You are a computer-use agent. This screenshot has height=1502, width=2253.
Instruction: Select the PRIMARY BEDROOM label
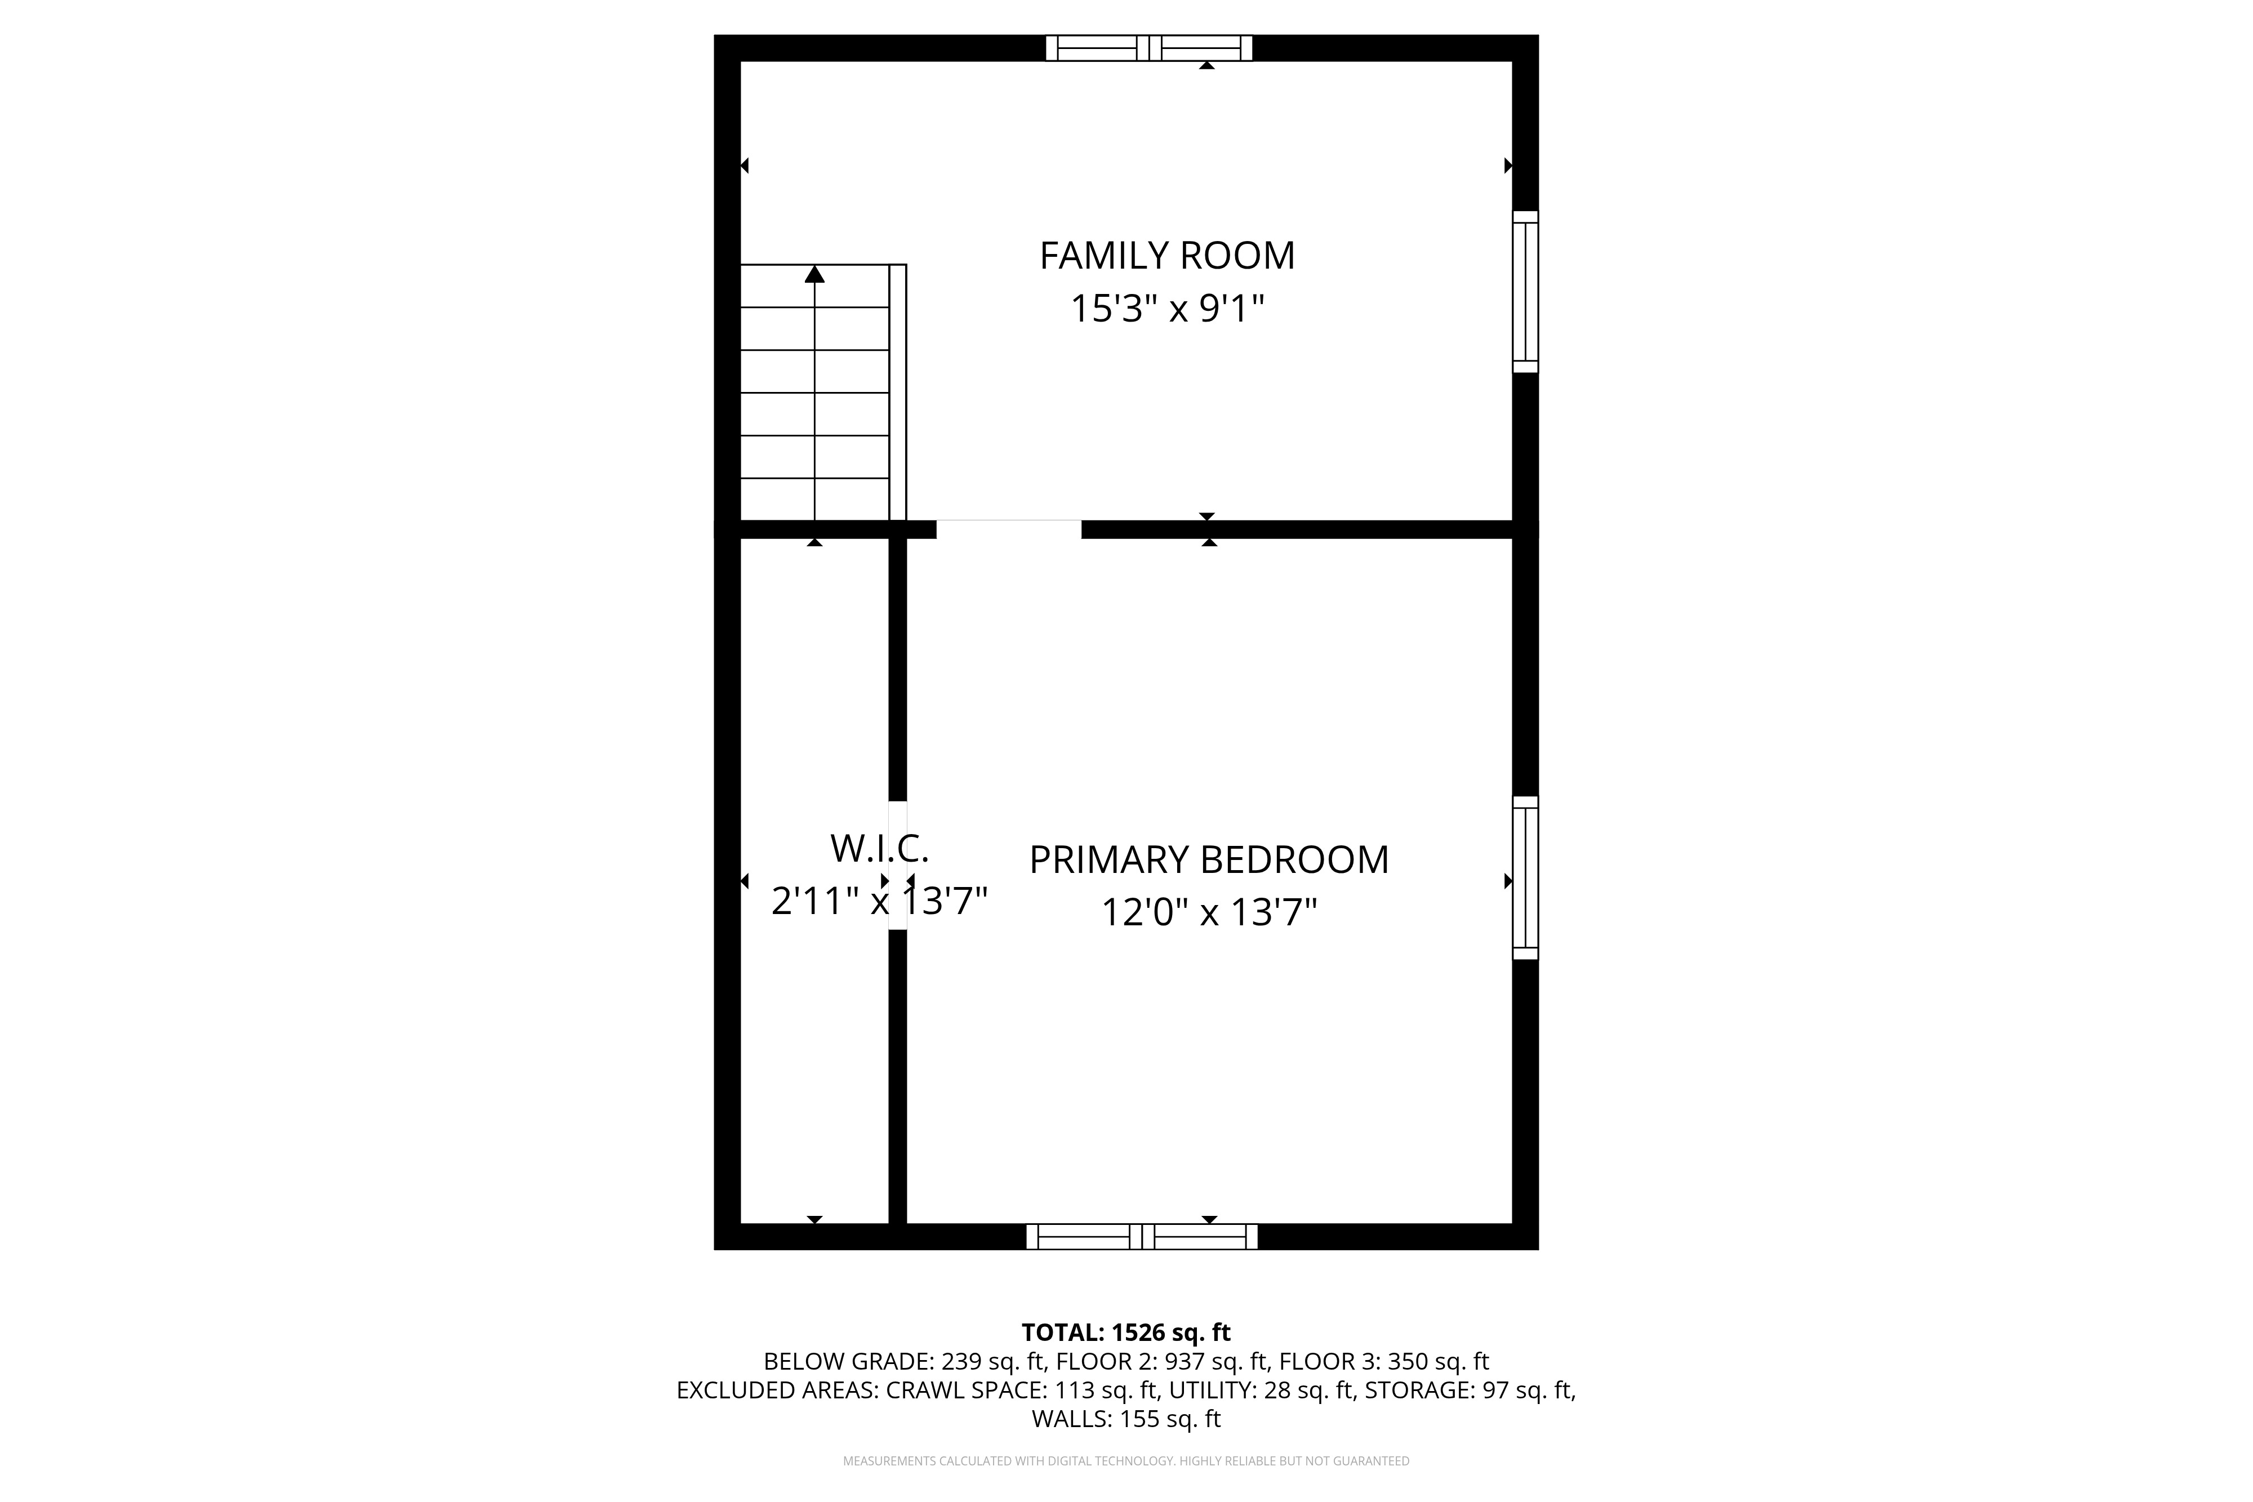[x=1209, y=860]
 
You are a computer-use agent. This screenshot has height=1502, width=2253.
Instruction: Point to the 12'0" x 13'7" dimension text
[x=1209, y=913]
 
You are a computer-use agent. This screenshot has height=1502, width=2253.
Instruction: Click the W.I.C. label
[x=879, y=849]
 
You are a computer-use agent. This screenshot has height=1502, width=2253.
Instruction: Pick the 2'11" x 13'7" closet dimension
[x=879, y=902]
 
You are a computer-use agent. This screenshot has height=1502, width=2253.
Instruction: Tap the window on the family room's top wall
[x=1148, y=48]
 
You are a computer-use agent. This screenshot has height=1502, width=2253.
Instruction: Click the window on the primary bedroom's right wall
[x=1525, y=877]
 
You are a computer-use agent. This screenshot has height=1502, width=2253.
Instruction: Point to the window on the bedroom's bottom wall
[x=1142, y=1237]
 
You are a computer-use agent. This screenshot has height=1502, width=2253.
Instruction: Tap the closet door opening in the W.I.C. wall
[x=898, y=865]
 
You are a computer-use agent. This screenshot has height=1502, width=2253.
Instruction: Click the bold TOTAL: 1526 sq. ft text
[x=1126, y=1332]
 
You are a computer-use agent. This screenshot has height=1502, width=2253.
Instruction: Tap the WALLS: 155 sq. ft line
[x=1126, y=1419]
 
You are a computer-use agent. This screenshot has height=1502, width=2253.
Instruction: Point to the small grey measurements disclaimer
[x=1126, y=1461]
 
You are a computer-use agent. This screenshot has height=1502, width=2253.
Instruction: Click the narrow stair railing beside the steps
[x=898, y=393]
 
